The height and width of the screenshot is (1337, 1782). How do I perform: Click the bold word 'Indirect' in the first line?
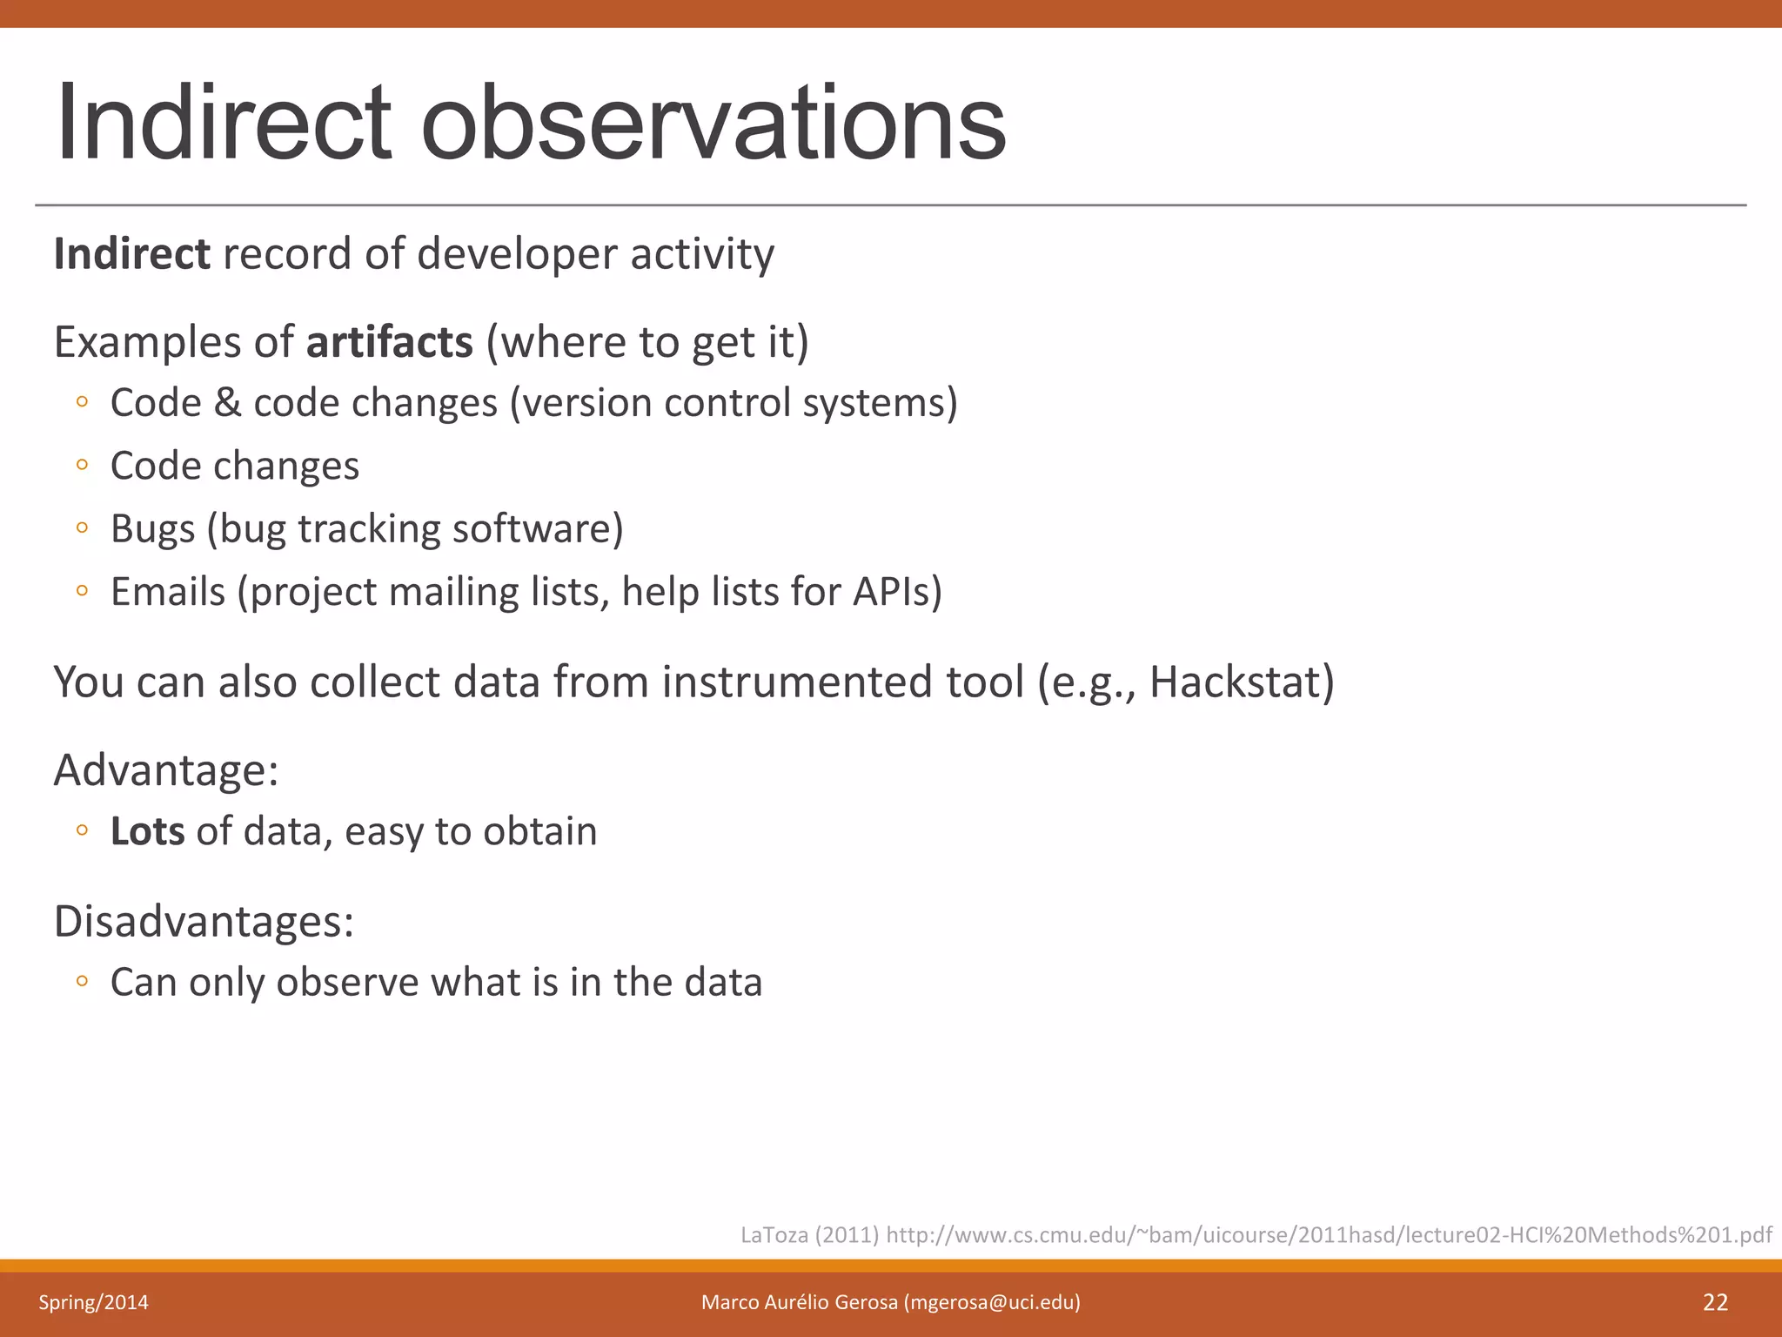[131, 254]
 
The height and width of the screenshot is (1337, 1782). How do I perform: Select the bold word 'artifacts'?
[389, 341]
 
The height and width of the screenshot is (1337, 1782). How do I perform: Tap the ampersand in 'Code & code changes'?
[227, 403]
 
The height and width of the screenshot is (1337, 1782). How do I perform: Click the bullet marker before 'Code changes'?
[82, 465]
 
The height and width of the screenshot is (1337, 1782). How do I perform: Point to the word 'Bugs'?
[152, 528]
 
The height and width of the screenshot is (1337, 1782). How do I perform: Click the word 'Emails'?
[168, 592]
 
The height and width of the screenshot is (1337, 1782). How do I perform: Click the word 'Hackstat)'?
[1241, 682]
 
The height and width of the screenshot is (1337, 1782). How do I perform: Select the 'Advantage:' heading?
[166, 770]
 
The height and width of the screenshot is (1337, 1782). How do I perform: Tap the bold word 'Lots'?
[147, 831]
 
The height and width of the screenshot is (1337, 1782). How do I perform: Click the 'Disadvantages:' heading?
[204, 921]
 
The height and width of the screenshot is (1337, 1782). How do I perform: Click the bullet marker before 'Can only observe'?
[82, 981]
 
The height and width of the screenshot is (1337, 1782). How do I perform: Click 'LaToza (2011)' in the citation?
[809, 1234]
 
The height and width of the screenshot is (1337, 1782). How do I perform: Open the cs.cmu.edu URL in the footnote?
[1328, 1234]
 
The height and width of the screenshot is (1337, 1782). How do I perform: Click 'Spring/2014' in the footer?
[93, 1302]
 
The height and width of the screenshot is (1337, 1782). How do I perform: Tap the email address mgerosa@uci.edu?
[992, 1302]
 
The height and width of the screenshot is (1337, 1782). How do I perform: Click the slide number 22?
[1714, 1302]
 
